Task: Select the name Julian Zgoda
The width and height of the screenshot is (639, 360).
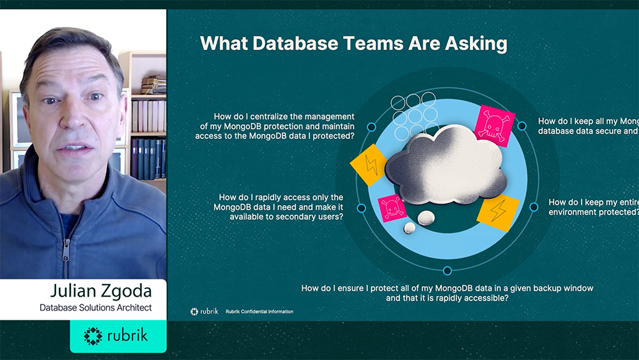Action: click(x=95, y=292)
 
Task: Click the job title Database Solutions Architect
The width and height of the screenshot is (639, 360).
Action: click(x=95, y=308)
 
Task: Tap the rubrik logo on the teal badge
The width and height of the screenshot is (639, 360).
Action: click(x=118, y=336)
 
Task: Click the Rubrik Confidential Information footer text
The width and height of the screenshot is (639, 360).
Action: click(x=259, y=311)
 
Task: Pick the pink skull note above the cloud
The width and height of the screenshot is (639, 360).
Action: click(x=496, y=125)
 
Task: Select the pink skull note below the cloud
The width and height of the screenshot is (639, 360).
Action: click(x=392, y=208)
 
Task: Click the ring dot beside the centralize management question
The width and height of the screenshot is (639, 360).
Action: click(x=371, y=127)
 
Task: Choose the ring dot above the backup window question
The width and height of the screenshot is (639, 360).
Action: click(x=447, y=270)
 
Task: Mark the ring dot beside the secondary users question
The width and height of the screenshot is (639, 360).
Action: click(x=362, y=208)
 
